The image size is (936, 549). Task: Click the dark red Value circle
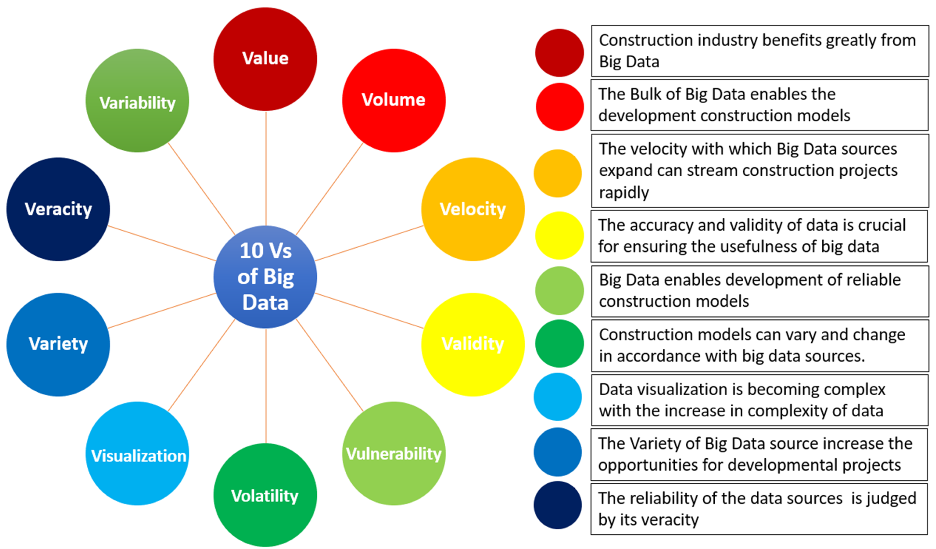(x=265, y=59)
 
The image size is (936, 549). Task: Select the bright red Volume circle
(x=394, y=100)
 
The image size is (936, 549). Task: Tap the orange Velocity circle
(x=473, y=209)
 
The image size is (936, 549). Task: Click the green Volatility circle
(x=265, y=495)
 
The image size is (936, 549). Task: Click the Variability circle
(x=137, y=100)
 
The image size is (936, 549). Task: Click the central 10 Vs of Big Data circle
(x=265, y=277)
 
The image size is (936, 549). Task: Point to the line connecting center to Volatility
(x=265, y=386)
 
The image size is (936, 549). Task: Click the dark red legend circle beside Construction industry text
(x=559, y=53)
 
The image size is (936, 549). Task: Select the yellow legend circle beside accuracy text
(x=559, y=235)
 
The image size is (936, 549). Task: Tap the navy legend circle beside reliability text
(x=558, y=505)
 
